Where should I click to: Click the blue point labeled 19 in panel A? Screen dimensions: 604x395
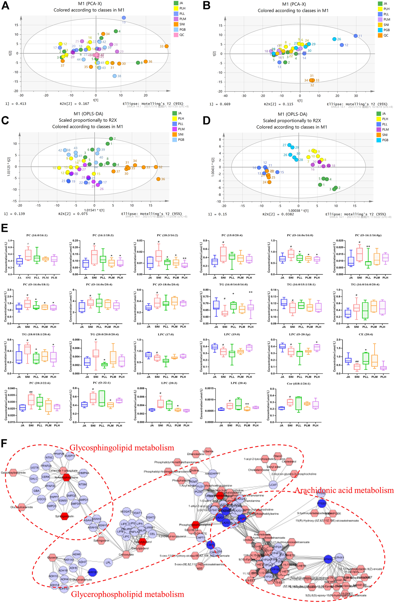[x=124, y=18]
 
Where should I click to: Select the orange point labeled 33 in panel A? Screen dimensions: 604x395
[x=166, y=46]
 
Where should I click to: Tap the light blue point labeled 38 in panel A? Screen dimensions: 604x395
[x=115, y=76]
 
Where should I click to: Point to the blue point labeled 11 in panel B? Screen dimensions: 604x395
[x=355, y=36]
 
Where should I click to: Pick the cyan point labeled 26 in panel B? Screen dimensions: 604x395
[x=334, y=39]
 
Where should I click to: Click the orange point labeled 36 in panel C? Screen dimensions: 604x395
[x=158, y=179]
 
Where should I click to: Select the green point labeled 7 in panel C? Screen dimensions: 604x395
[x=111, y=139]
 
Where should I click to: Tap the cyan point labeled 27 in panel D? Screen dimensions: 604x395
[x=289, y=145]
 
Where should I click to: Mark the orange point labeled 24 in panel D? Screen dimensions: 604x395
[x=269, y=182]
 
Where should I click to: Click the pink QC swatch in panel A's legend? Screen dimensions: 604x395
[x=176, y=35]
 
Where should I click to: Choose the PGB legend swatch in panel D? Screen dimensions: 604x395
[x=379, y=140]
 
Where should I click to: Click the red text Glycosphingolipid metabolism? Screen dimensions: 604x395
[x=121, y=448]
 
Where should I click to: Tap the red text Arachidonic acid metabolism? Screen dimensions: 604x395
[x=344, y=490]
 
